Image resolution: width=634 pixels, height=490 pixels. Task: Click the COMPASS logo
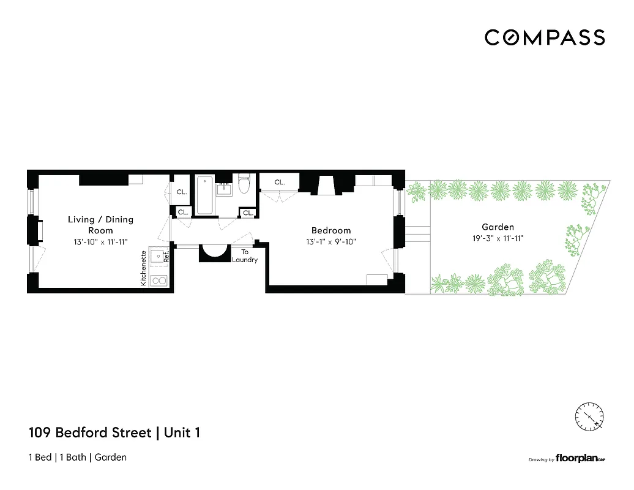pos(545,37)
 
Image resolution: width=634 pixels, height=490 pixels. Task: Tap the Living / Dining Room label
pos(100,225)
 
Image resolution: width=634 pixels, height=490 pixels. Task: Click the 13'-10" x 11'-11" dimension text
pos(100,242)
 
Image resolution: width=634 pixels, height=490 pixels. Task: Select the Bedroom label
pos(331,230)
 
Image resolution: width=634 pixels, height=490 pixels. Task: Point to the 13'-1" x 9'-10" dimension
pos(331,241)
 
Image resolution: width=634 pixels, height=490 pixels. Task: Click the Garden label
pos(497,227)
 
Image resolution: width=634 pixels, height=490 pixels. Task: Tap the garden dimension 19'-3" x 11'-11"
pos(497,238)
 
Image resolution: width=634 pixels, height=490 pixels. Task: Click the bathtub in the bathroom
pos(204,194)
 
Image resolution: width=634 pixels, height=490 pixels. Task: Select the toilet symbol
pos(245,184)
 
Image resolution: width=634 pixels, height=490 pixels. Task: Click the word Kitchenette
pos(144,268)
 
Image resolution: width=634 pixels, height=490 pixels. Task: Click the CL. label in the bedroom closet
pos(279,182)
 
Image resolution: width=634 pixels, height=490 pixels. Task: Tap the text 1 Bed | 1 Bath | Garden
pos(77,458)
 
